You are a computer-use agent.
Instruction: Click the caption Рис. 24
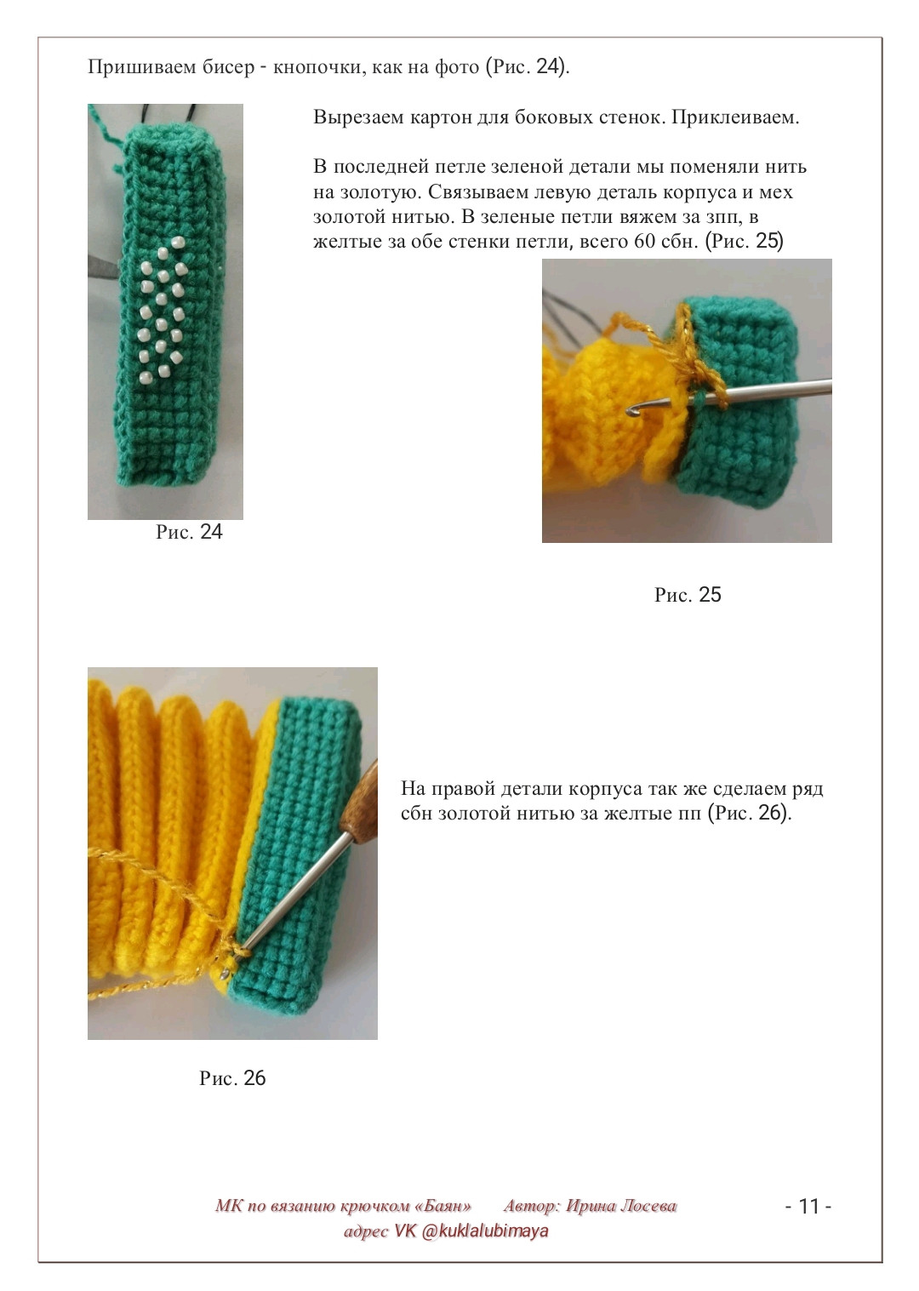(189, 531)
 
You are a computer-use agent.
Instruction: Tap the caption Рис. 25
(688, 594)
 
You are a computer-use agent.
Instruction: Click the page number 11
(809, 1206)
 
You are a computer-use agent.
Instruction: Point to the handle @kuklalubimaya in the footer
(485, 1231)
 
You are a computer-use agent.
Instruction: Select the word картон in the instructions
(444, 118)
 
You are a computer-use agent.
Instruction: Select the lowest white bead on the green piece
(144, 378)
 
